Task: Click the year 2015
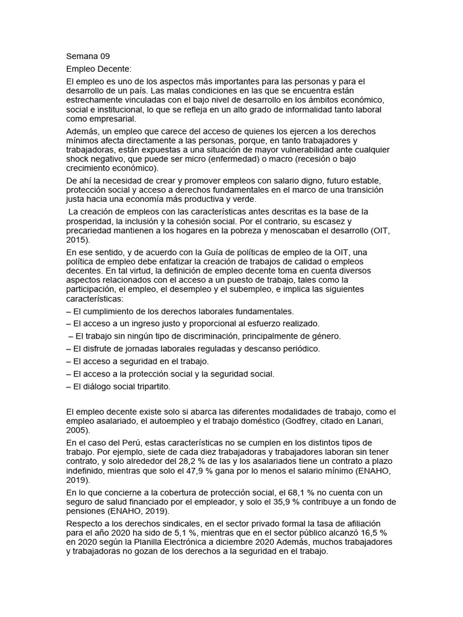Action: [77, 240]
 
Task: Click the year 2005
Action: [77, 431]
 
